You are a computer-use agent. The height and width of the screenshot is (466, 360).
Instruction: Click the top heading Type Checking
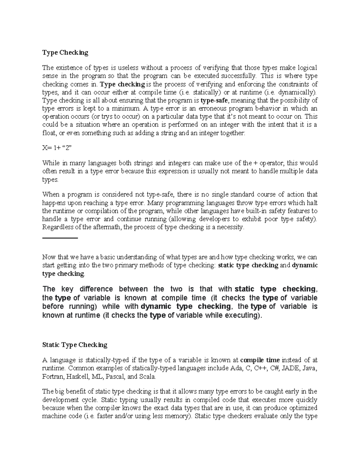click(x=65, y=53)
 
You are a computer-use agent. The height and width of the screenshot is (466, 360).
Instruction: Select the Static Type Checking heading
click(x=75, y=345)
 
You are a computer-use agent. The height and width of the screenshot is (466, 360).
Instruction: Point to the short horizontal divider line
click(x=60, y=238)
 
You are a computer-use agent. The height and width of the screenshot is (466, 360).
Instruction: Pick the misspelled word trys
click(x=110, y=116)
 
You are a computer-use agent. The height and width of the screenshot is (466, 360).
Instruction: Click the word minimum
click(x=127, y=108)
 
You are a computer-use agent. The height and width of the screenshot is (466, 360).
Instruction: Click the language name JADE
click(x=291, y=368)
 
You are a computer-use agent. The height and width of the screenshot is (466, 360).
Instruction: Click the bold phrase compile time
click(x=260, y=360)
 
